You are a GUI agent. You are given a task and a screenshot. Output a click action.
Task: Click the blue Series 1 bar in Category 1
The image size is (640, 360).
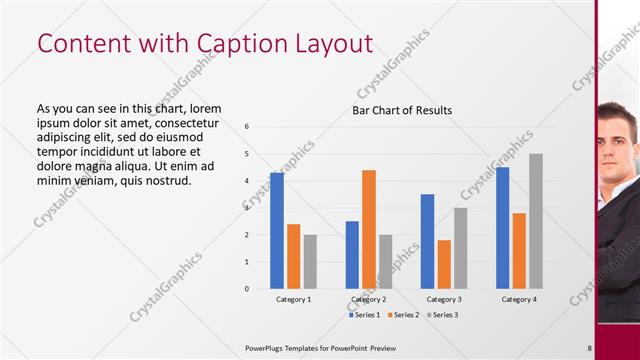coord(277,231)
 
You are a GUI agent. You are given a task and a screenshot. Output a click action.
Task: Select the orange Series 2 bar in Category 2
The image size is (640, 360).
coord(369,229)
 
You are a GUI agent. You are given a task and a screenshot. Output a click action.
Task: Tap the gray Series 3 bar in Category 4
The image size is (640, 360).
coord(536,221)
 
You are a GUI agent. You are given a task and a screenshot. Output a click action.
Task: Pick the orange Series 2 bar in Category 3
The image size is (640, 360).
coord(444,264)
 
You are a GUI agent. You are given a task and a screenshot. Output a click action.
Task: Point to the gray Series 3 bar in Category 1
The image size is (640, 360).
coord(310,261)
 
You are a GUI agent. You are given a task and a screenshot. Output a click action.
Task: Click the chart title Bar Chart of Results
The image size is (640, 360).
coord(402,110)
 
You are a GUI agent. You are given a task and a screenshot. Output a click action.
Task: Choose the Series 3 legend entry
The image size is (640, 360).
coord(442,315)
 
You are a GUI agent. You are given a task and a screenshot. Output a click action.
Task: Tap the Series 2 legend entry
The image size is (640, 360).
coord(404,315)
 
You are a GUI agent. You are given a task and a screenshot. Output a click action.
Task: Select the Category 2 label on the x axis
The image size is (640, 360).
coord(369,299)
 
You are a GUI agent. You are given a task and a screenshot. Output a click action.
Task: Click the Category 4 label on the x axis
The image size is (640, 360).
coord(519,299)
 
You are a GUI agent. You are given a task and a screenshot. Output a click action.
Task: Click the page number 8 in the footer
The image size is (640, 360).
coord(589,348)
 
